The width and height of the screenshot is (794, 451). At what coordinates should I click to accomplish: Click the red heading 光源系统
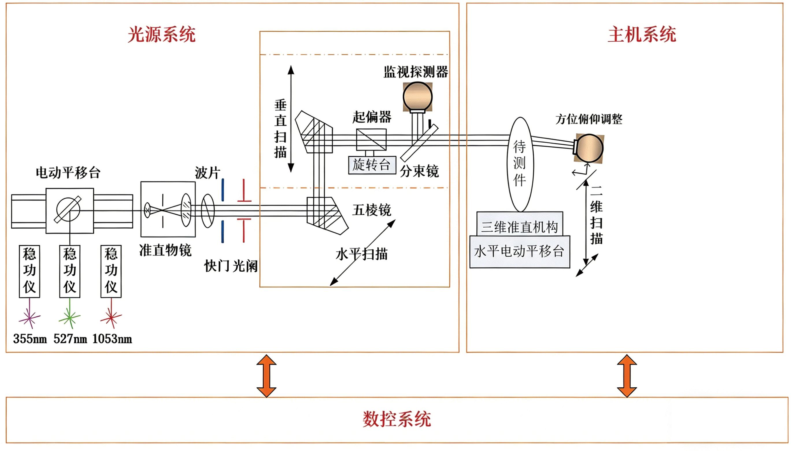tap(161, 34)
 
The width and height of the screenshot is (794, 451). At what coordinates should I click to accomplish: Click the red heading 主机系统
tap(641, 34)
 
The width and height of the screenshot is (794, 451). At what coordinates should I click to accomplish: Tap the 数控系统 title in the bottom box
tap(397, 419)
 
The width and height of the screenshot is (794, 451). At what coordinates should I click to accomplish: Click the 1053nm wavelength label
tap(112, 339)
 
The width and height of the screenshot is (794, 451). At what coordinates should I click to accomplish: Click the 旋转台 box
tap(372, 165)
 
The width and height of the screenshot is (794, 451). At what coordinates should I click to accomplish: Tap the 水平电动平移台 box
tap(519, 251)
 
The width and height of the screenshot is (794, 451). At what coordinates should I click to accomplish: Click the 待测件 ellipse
tap(521, 164)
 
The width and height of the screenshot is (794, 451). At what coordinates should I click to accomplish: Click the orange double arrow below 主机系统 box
tap(627, 376)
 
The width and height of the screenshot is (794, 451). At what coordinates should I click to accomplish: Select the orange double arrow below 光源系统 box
tap(266, 376)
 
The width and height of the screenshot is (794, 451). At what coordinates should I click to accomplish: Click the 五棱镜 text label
tap(372, 210)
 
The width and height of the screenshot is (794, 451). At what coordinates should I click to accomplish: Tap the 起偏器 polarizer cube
tap(371, 140)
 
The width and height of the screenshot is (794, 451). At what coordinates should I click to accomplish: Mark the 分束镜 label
tap(419, 171)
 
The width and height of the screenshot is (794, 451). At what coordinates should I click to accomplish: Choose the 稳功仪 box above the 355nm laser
tap(29, 271)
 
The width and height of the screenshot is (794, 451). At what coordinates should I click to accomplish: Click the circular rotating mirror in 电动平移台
tap(68, 210)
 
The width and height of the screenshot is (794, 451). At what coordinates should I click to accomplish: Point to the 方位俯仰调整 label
tap(588, 119)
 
